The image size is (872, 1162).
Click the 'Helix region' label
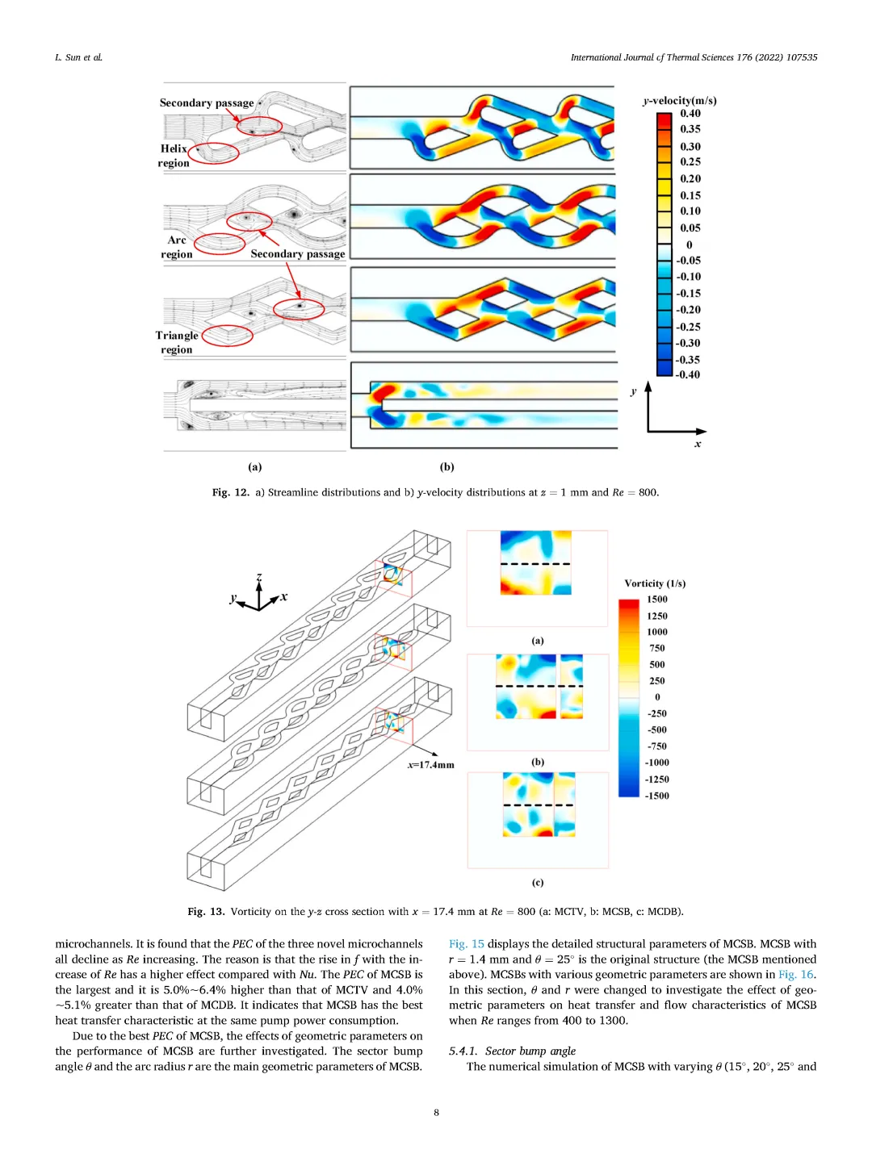point(174,156)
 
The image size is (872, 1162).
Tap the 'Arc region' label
point(176,247)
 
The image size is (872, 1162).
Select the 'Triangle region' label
point(177,342)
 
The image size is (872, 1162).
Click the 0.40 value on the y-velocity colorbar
point(690,114)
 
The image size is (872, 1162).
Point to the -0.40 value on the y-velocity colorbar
point(688,374)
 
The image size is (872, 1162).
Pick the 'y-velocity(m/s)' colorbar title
point(679,100)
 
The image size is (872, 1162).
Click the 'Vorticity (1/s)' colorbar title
point(655,583)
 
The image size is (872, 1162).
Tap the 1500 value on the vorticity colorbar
point(657,600)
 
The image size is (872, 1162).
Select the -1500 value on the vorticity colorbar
point(656,796)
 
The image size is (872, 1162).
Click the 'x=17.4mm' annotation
point(430,765)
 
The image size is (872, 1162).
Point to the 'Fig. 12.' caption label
point(230,492)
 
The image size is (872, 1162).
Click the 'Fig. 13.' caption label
point(206,912)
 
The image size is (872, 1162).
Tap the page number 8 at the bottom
point(437,1113)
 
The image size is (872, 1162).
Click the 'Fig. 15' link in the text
point(466,944)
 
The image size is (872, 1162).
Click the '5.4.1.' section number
point(463,1051)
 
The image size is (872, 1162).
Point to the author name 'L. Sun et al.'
point(78,57)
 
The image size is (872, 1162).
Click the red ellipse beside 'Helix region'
point(213,153)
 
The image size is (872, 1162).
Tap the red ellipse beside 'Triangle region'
point(227,335)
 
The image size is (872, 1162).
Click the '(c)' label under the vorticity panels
point(538,882)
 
